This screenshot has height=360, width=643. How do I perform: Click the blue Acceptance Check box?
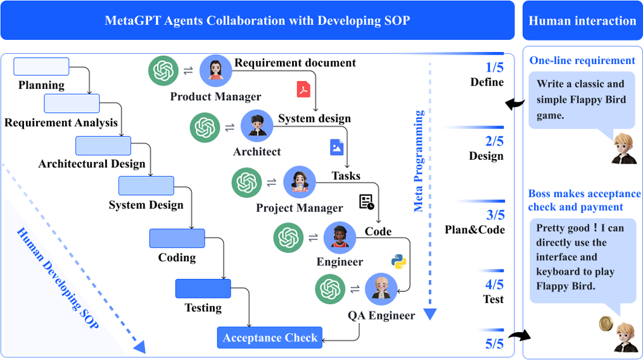(x=270, y=338)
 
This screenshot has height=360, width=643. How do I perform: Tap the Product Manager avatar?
(x=216, y=70)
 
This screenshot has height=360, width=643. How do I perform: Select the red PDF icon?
(x=303, y=89)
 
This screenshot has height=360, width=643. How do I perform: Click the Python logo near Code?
(x=398, y=260)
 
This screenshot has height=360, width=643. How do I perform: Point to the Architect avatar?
(x=257, y=127)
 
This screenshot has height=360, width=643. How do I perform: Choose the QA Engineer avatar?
(x=381, y=289)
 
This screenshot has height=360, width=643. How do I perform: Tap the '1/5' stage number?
(x=495, y=67)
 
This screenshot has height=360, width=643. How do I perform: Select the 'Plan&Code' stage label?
(x=475, y=229)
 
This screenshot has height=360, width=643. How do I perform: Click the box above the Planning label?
(x=41, y=67)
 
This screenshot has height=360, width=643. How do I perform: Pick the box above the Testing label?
(x=203, y=288)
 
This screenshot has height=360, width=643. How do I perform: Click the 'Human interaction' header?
(x=582, y=21)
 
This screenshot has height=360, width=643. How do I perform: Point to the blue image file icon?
(x=336, y=147)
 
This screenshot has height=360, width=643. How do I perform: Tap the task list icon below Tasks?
(x=367, y=202)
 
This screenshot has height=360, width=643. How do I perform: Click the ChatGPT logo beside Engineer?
(x=288, y=238)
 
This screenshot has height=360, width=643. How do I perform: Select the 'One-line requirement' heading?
(x=582, y=61)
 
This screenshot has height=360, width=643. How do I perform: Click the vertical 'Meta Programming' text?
(x=419, y=161)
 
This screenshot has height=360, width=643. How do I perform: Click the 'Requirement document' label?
(x=295, y=63)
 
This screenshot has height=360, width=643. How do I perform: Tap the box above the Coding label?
(x=177, y=238)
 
